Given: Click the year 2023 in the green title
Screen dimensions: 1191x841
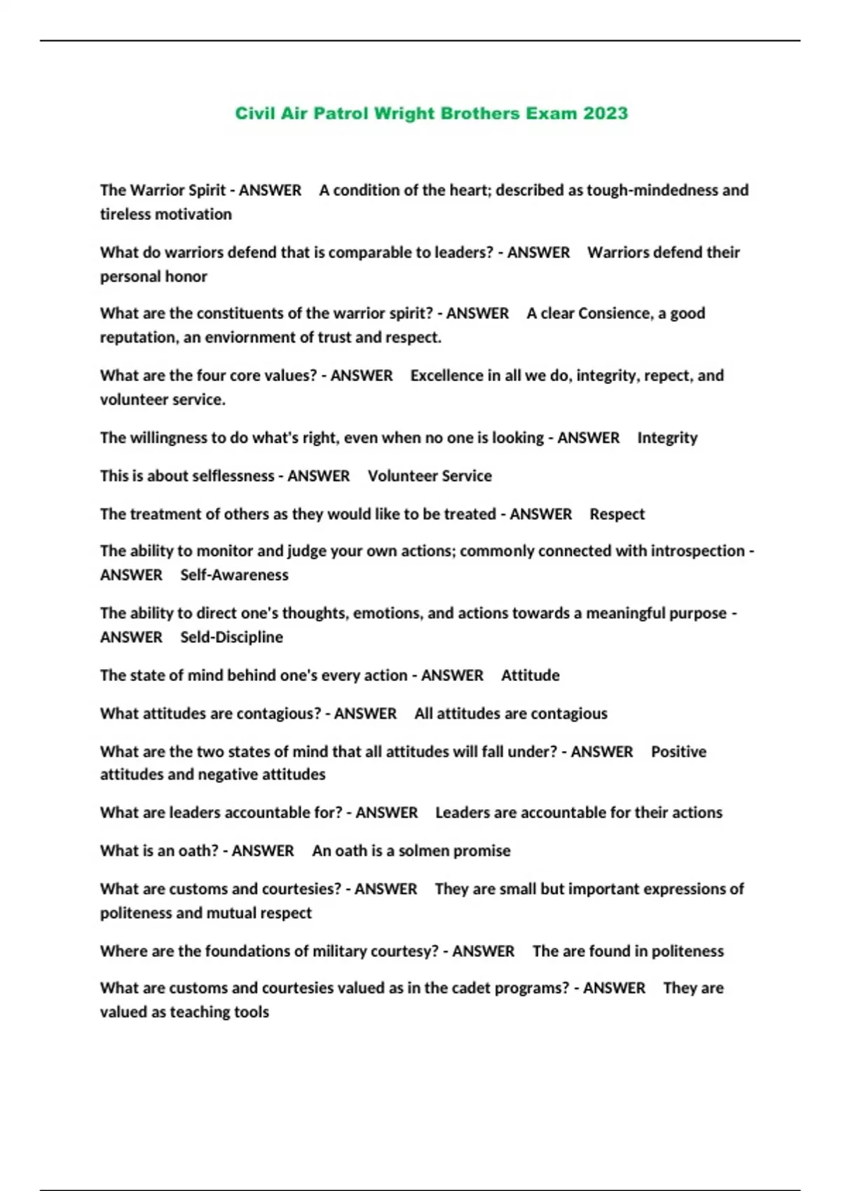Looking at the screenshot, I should pos(606,113).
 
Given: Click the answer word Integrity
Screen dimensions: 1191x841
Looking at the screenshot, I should pos(667,438).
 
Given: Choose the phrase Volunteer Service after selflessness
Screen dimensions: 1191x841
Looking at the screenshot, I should pos(430,476).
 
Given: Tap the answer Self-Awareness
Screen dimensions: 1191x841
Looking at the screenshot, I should pos(234,575).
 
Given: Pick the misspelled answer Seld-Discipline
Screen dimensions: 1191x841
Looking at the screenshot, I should pos(231,638).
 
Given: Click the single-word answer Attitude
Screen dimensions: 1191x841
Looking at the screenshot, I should pos(530,675).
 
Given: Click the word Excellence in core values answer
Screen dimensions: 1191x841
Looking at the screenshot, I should pos(446,376).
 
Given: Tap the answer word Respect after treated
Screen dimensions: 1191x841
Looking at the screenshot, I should pos(617,514).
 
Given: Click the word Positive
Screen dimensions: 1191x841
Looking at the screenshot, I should pos(678,752).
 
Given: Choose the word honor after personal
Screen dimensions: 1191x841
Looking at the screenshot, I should pos(188,277).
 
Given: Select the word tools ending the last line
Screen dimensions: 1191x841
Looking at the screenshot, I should pos(252,1012).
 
